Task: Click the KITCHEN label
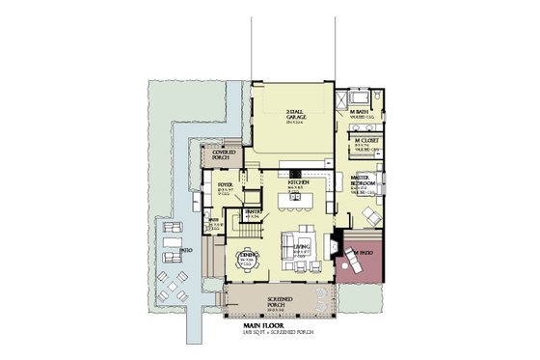[297, 180]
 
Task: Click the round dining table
[247, 262]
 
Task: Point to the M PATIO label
[364, 253]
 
